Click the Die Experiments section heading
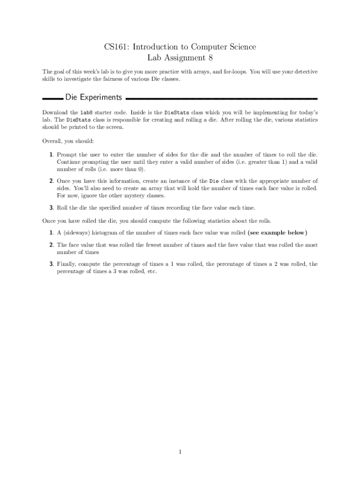coord(94,97)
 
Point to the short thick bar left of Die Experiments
coord(52,99)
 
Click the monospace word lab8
coord(87,113)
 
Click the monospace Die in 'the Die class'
coord(214,181)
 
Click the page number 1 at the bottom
coord(180,451)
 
